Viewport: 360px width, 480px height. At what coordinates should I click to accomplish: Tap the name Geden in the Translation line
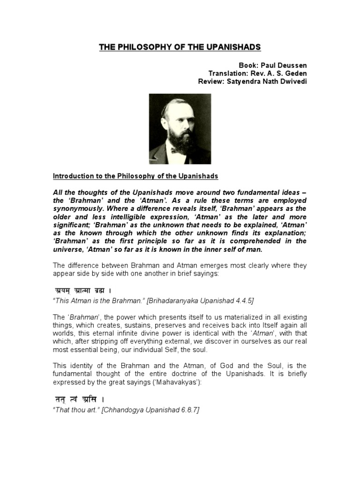coord(295,73)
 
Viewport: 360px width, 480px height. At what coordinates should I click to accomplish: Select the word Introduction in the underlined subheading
coord(71,176)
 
